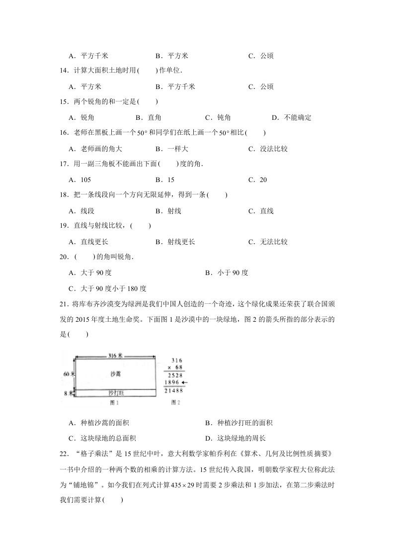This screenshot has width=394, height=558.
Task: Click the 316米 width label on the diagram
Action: point(115,356)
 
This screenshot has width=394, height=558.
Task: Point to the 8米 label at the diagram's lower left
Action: point(70,393)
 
